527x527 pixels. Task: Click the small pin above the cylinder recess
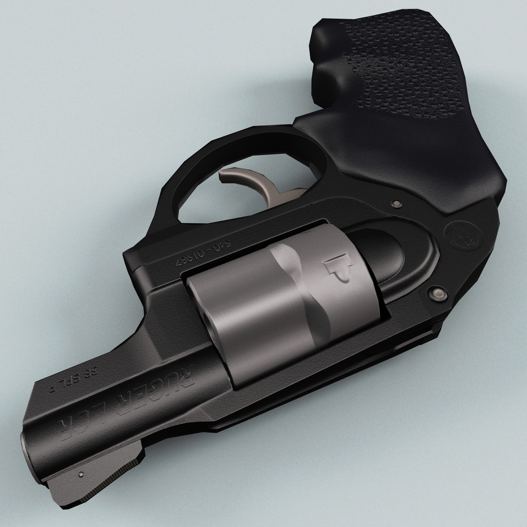[396, 203]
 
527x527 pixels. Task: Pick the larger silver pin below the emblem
[438, 293]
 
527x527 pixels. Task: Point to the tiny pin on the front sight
[81, 473]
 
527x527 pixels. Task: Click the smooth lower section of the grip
[429, 156]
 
